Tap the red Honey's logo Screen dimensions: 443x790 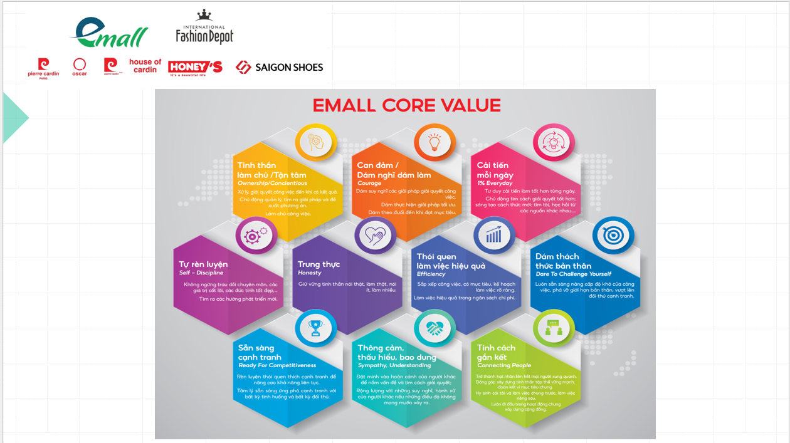click(x=195, y=68)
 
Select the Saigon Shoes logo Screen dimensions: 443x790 click(x=280, y=67)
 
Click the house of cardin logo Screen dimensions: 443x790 click(x=145, y=66)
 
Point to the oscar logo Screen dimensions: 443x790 click(x=80, y=66)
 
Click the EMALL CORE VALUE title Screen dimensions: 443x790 click(x=406, y=105)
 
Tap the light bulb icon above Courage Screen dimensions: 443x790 click(x=434, y=142)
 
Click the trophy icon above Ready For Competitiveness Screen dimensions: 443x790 click(x=315, y=328)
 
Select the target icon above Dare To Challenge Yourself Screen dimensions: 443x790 click(x=613, y=236)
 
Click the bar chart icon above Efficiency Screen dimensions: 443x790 click(x=494, y=236)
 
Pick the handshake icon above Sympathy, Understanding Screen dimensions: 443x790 click(x=434, y=328)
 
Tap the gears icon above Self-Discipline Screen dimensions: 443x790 click(x=256, y=236)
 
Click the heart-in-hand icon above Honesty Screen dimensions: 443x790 click(x=375, y=236)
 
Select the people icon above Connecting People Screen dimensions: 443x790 click(x=554, y=328)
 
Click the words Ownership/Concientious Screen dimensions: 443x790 click(x=272, y=184)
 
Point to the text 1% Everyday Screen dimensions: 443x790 click(x=495, y=184)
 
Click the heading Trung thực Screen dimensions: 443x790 click(x=319, y=264)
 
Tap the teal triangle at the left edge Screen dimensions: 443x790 click(x=14, y=118)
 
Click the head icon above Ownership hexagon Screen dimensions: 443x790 click(x=315, y=142)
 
